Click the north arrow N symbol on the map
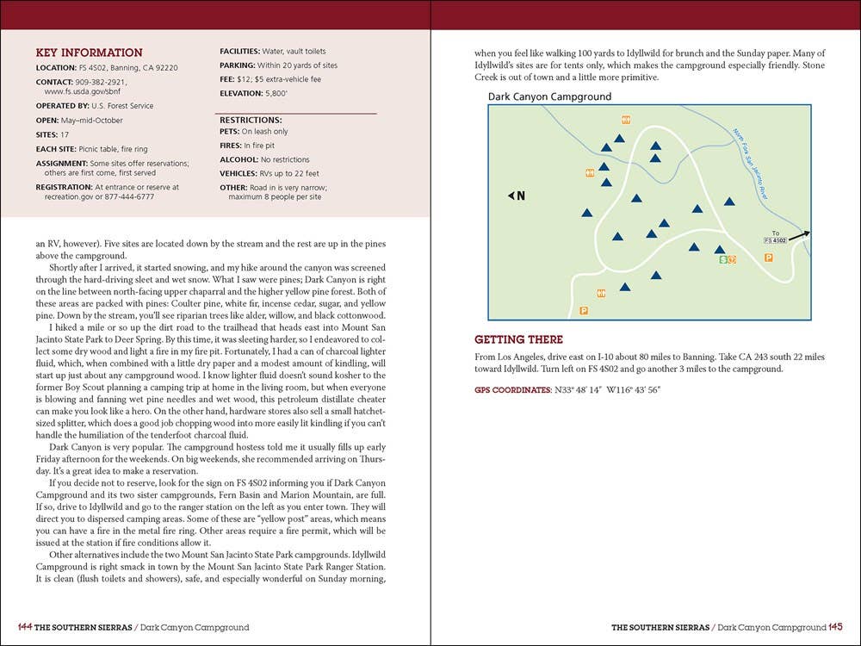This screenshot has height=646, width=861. click(x=517, y=196)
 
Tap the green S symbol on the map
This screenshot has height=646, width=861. click(x=722, y=259)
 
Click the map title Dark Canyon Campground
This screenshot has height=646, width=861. click(x=549, y=97)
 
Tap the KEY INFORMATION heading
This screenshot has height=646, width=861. click(x=90, y=53)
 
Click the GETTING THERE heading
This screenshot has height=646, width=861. click(x=518, y=339)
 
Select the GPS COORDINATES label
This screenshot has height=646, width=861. click(x=512, y=390)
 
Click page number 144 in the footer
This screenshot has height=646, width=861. click(x=24, y=627)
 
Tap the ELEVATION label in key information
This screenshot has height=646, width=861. click(x=241, y=93)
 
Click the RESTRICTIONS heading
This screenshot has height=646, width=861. click(x=251, y=120)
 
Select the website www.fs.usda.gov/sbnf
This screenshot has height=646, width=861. click(x=87, y=90)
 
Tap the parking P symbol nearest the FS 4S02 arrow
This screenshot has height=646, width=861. click(x=768, y=257)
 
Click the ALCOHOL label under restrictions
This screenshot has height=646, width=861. click(x=239, y=159)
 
